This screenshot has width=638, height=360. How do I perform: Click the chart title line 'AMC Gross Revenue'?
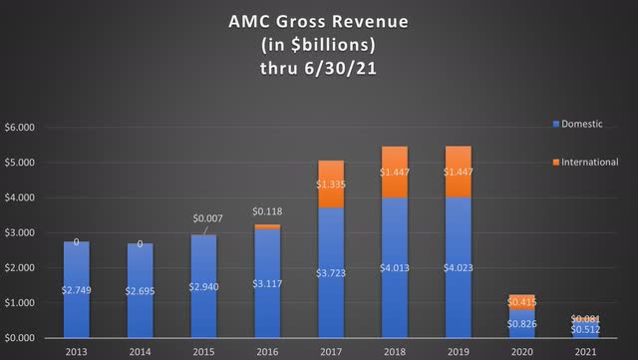(319, 20)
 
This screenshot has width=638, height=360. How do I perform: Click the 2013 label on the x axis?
(77, 351)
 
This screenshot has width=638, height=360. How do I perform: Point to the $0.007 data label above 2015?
(207, 218)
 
